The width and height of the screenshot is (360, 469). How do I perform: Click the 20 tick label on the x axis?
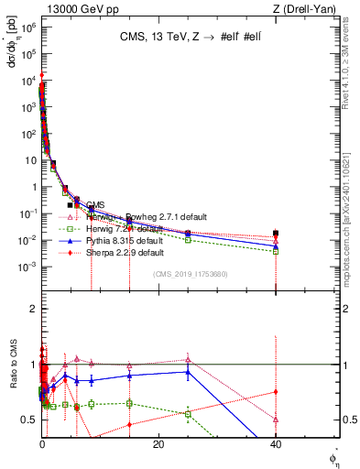tap(158, 444)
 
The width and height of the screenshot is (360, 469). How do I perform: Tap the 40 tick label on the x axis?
tap(276, 444)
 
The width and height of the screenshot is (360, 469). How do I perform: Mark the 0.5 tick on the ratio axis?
tap(29, 420)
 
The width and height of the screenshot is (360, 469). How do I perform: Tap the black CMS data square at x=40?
tap(276, 234)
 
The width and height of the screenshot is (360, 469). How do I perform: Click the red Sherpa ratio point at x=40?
tap(276, 392)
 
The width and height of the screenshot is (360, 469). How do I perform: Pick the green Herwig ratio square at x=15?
tap(129, 403)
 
